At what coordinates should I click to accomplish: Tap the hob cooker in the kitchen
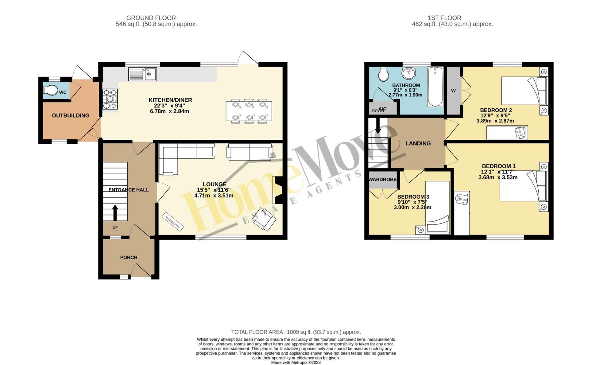coord(110,99)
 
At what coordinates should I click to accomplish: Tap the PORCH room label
coord(128,257)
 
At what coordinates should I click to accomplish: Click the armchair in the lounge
coord(264,221)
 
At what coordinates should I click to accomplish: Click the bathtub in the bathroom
coord(436,87)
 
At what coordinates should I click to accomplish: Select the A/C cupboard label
coord(383,108)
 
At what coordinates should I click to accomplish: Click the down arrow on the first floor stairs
coord(378,126)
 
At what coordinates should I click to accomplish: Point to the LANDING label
coord(418,143)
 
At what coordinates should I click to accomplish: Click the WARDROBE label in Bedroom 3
coord(383,180)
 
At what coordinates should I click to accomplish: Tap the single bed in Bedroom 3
coord(437,207)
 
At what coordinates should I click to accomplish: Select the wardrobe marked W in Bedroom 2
coord(453,91)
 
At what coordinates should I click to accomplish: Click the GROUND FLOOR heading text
coord(151,18)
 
